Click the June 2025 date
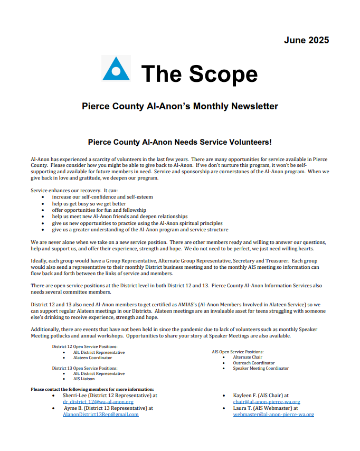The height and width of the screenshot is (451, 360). [x=306, y=40]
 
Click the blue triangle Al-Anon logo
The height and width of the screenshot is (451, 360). [x=116, y=68]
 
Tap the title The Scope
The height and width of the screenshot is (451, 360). [x=199, y=73]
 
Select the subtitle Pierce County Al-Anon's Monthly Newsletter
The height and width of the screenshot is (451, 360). [x=180, y=106]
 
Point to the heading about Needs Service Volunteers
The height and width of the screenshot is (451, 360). [x=180, y=142]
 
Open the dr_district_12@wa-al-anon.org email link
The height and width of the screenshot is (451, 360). [x=98, y=401]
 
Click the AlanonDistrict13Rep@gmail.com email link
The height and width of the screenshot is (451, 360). [x=100, y=415]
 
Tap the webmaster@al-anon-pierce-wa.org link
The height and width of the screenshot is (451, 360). [x=273, y=415]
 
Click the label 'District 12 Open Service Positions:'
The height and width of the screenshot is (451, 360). [x=84, y=346]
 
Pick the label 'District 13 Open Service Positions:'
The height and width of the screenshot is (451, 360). [x=84, y=368]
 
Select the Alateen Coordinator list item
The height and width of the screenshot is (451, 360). [x=92, y=358]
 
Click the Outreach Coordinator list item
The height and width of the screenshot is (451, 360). [x=253, y=363]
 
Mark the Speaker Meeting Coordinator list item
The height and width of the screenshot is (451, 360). [x=261, y=368]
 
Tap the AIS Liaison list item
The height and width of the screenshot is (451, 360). [x=84, y=379]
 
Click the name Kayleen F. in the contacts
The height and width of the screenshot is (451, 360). [x=248, y=395]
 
